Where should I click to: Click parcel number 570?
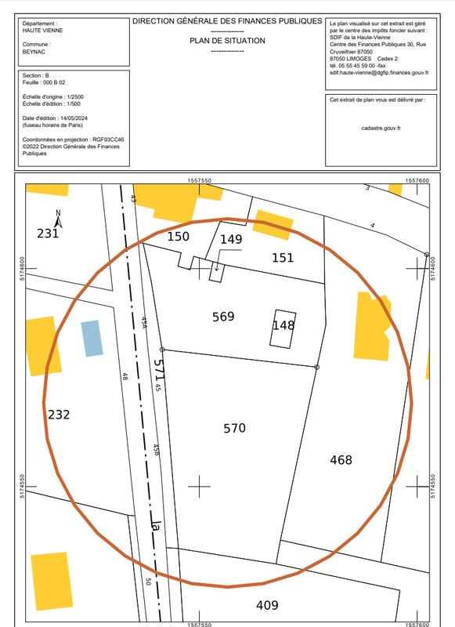pos(235,428)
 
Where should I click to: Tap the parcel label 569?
pos(223,317)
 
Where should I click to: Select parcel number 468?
pos(341,460)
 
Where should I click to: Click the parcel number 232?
pos(59,415)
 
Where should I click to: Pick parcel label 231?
pos(48,233)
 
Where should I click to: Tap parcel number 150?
pos(179,236)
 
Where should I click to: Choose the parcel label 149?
pos(231,239)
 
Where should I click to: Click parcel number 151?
pos(283,257)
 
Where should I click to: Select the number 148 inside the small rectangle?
pos(283,324)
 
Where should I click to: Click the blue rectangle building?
pos(92,339)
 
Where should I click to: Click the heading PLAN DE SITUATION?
pos(227,40)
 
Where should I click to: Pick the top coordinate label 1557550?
pos(200,180)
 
